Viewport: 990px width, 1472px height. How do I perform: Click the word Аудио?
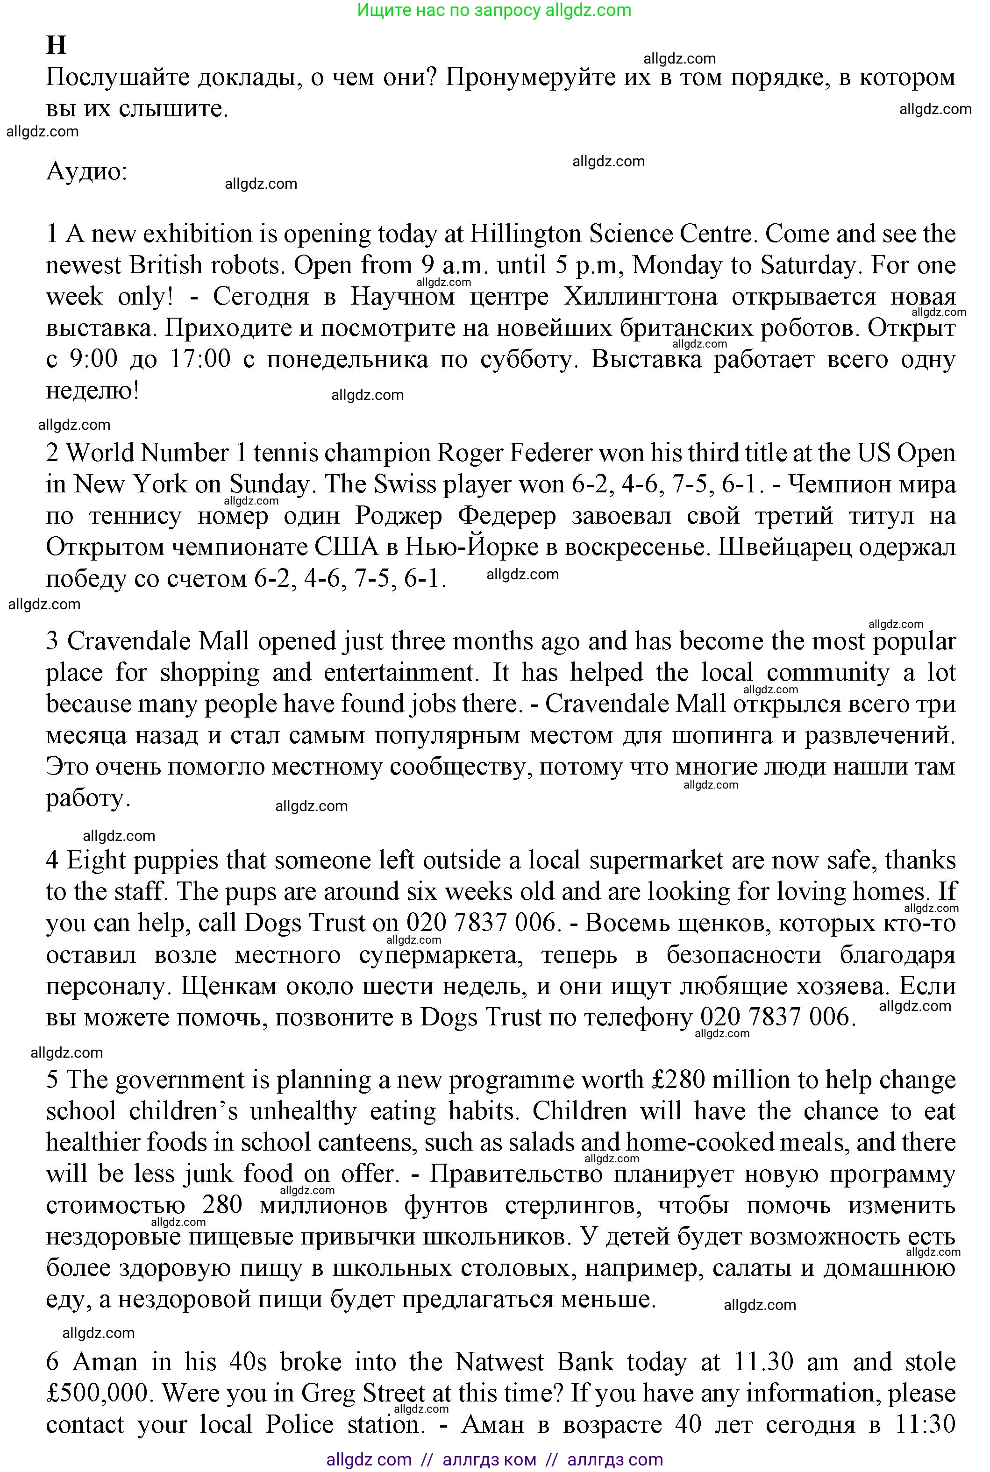[86, 172]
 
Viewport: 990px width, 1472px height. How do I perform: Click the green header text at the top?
[494, 10]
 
